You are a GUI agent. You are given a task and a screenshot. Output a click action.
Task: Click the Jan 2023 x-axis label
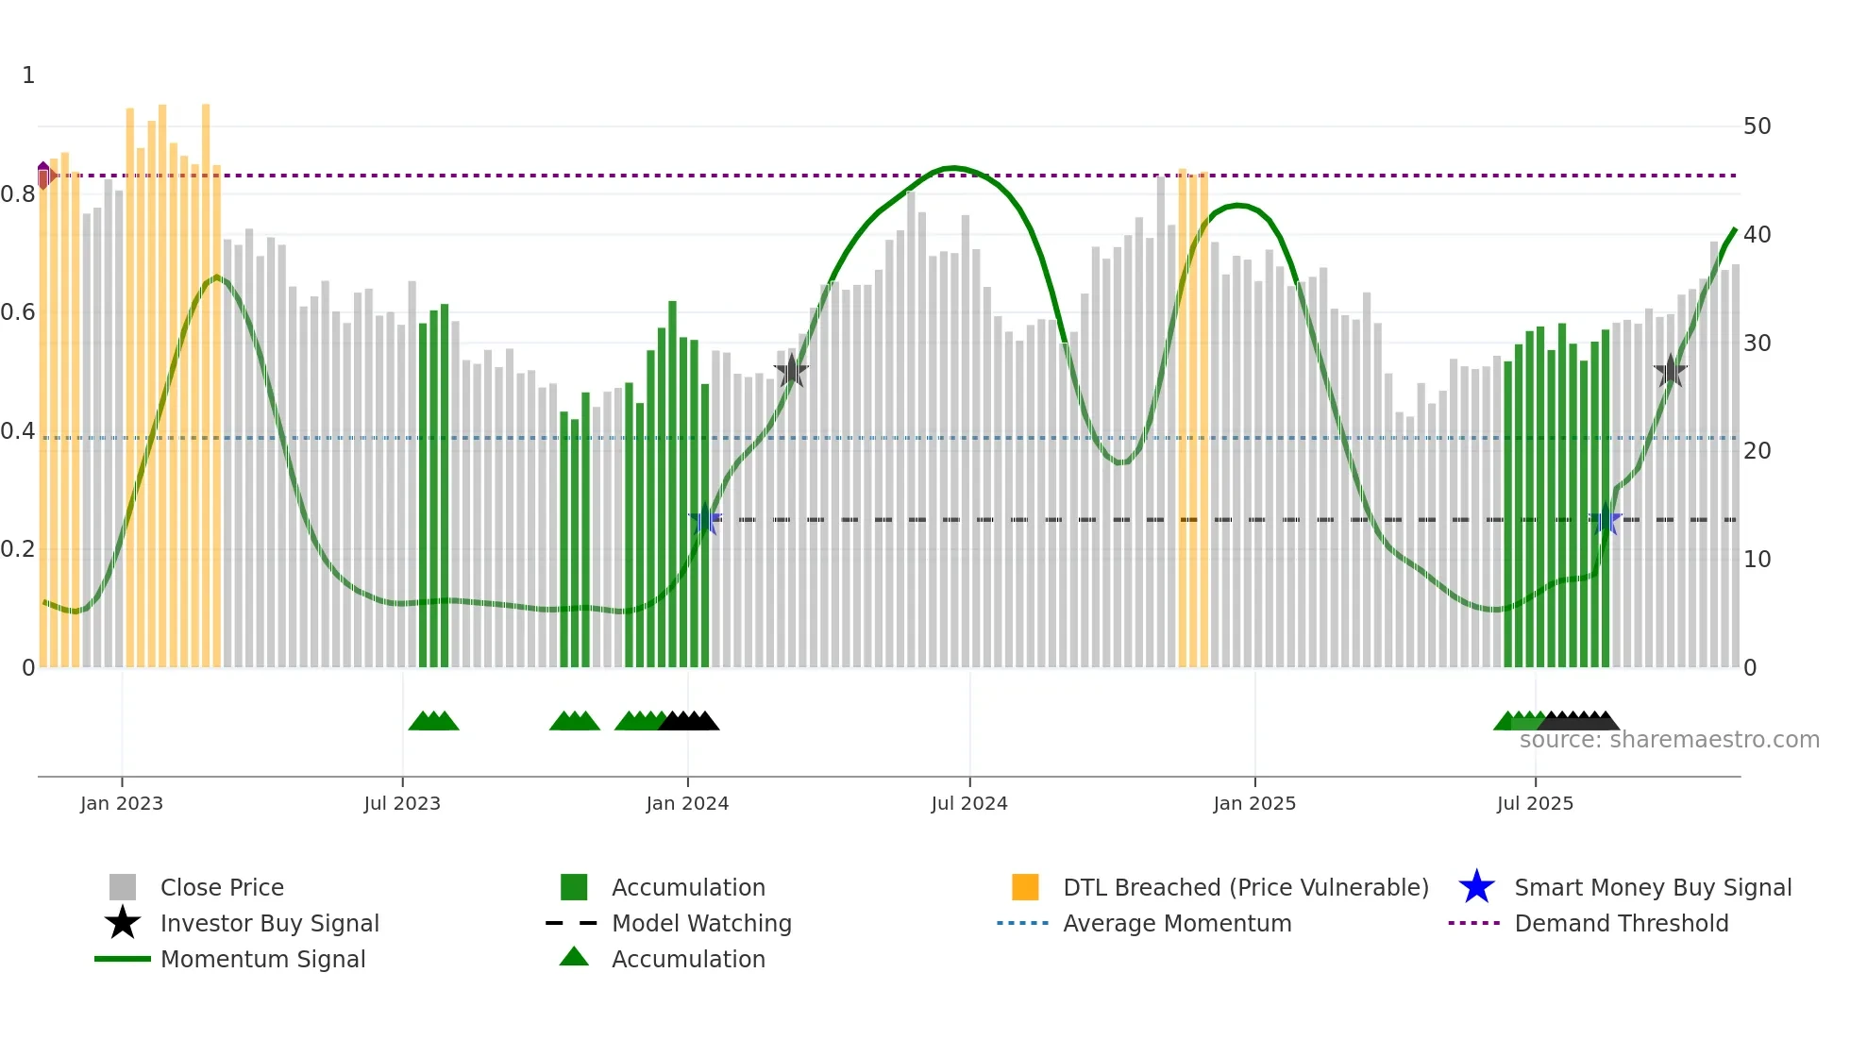122,803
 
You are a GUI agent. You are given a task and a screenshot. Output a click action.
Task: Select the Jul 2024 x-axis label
969,803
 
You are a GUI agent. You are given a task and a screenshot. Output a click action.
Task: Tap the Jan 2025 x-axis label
1254,803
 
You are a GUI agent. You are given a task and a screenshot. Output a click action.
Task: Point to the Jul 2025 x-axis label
1535,803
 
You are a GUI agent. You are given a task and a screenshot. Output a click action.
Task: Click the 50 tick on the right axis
1757,126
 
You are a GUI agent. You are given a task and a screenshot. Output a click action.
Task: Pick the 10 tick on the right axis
1757,560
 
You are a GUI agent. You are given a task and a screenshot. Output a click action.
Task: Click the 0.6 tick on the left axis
18,312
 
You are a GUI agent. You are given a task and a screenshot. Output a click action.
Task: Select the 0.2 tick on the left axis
18,549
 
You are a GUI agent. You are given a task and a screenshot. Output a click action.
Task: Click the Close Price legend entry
222,887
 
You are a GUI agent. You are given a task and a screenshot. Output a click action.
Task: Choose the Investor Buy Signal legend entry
269,923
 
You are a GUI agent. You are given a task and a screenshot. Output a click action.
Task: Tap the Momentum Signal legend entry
262,959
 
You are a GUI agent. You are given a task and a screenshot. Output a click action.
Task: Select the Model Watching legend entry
701,923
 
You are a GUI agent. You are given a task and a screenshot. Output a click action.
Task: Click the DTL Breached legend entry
1245,887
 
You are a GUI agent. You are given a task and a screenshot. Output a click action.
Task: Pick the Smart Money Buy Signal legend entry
1653,887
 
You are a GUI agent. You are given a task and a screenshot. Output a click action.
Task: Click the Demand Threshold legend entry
1621,923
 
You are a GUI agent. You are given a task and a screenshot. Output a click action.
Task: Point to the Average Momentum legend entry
1177,923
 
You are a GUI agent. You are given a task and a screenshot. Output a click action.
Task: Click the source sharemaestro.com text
1669,740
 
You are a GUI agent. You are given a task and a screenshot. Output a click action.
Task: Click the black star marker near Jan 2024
791,371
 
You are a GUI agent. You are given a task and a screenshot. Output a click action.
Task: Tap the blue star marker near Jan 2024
705,519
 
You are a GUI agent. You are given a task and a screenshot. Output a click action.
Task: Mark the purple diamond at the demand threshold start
43,175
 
